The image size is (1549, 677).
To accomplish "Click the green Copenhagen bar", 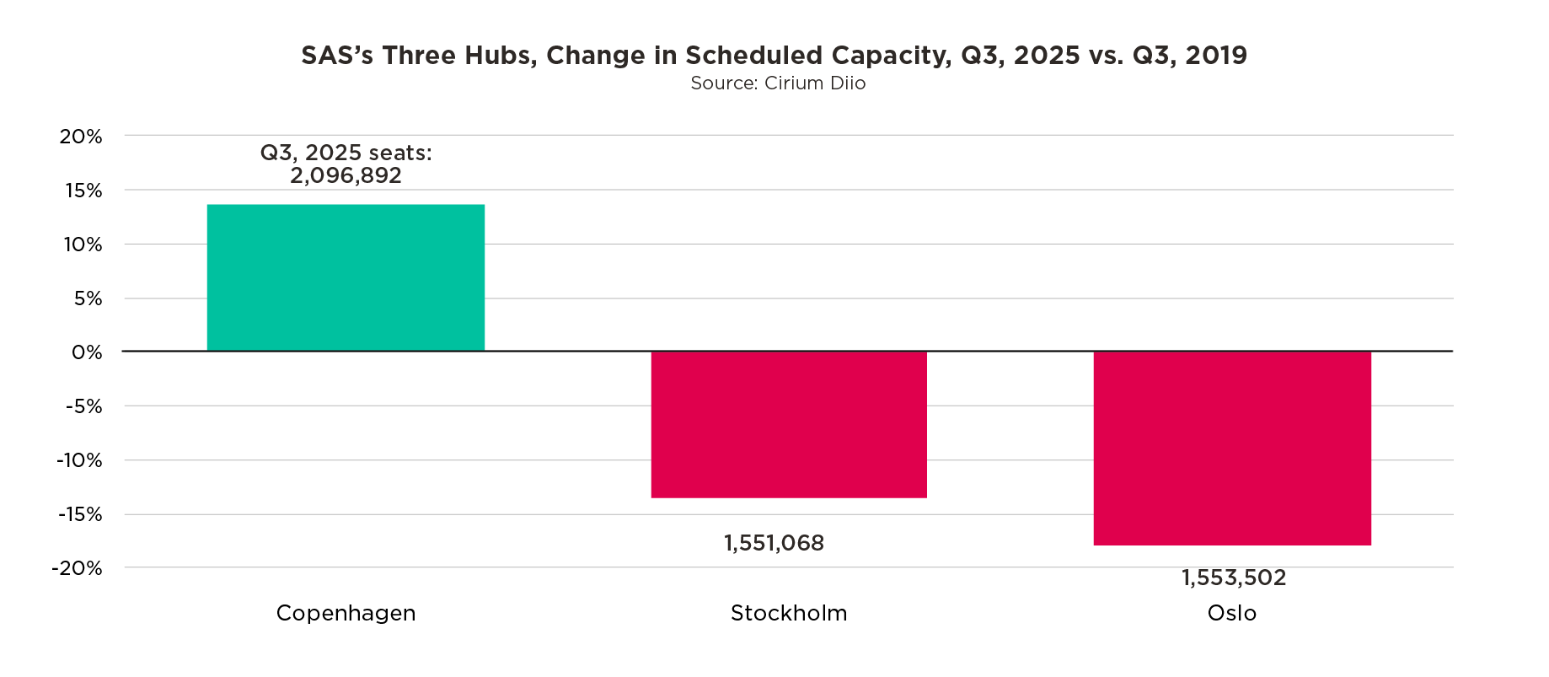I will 346,277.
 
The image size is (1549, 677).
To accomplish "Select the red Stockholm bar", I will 789,424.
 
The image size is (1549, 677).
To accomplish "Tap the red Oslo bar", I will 1232,448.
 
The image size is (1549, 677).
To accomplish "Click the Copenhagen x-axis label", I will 346,613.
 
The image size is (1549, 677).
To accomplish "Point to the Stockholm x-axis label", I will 789,613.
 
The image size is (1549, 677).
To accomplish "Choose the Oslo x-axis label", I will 1231,613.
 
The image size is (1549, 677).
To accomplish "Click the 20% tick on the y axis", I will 81,137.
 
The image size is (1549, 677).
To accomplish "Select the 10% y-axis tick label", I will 82,244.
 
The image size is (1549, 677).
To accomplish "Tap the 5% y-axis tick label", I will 87,298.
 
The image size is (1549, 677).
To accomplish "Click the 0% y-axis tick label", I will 87,352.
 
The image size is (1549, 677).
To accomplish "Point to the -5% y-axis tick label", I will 83,406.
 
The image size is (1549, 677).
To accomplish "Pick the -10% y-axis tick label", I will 79,460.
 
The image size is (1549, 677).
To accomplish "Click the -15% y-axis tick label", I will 79,514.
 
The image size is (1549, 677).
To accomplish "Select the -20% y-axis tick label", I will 78,568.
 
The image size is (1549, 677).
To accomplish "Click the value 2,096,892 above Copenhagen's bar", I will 346,175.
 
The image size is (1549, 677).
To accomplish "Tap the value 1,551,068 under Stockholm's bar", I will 774,543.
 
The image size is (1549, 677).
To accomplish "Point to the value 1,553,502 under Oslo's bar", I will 1234,578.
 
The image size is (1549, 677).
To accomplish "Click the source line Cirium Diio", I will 778,83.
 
